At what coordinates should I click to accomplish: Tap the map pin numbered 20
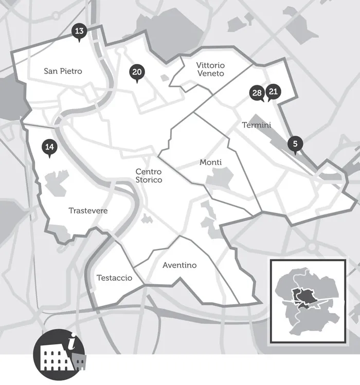[x=136, y=73]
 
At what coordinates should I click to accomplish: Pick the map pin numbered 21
[x=274, y=92]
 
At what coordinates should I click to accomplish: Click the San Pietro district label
[x=63, y=71]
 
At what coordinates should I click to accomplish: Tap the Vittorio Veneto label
[x=210, y=69]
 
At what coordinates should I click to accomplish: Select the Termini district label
[x=256, y=125]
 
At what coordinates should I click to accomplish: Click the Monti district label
[x=210, y=162]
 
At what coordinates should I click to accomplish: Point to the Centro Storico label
[x=149, y=176]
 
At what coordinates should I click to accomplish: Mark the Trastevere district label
[x=88, y=211]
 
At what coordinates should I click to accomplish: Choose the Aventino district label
[x=179, y=265]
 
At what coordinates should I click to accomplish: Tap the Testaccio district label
[x=114, y=278]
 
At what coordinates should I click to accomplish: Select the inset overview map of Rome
[x=308, y=301]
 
